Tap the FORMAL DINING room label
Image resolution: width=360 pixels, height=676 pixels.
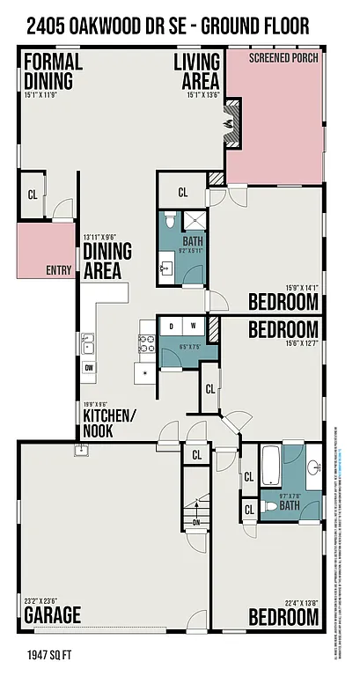tap(53, 70)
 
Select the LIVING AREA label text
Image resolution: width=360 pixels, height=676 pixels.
tap(196, 70)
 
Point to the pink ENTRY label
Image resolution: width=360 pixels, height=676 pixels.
tap(58, 270)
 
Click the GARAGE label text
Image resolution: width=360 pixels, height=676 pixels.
tap(53, 614)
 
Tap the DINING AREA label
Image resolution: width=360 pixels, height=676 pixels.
tap(107, 260)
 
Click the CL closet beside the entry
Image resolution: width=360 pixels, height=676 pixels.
tap(33, 195)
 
